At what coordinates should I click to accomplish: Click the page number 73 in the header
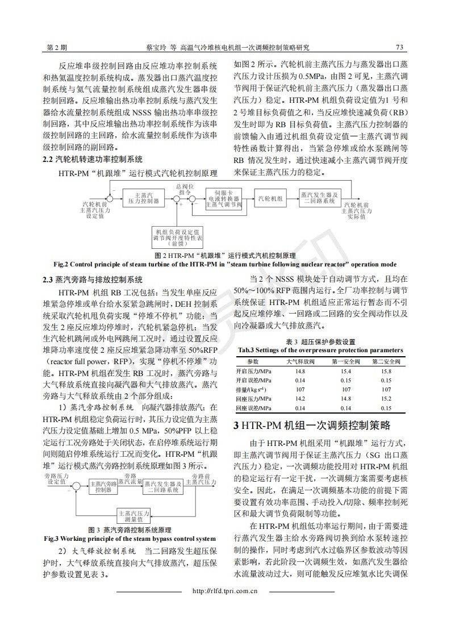click(400, 47)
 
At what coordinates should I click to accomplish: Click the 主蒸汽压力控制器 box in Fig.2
click(140, 198)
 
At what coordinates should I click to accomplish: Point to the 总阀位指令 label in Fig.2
click(185, 189)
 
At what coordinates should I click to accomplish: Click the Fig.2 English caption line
click(225, 264)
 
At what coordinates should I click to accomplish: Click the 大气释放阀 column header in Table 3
click(300, 361)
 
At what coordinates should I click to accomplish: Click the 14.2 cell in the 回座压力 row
click(300, 399)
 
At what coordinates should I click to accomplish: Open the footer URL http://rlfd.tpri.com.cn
click(225, 591)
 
